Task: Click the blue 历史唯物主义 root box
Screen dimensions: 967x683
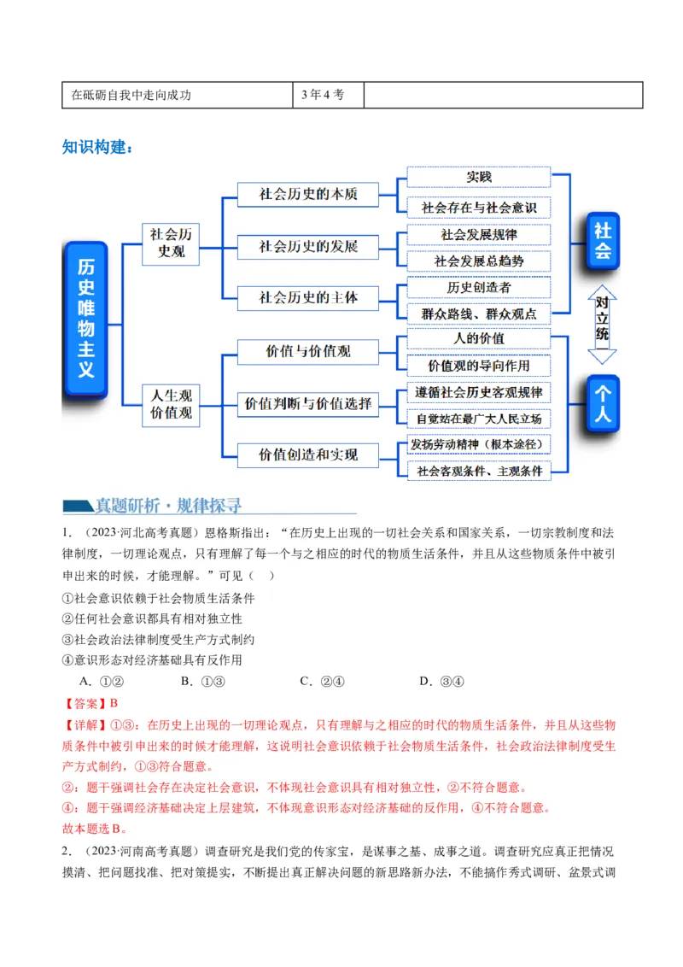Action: coord(85,319)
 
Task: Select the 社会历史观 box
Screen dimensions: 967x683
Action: coord(171,243)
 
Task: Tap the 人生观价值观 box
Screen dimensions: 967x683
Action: coord(171,404)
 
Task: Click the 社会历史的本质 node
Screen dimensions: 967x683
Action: coord(308,195)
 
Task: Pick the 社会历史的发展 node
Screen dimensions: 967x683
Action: coord(308,247)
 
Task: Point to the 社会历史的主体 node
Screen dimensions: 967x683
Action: coord(308,298)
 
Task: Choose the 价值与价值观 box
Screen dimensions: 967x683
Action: coord(308,351)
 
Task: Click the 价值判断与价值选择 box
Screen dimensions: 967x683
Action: coord(308,403)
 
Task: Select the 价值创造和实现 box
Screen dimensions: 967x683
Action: coord(308,455)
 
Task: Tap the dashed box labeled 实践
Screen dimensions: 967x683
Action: coord(478,177)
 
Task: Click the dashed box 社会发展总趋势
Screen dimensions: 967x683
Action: coord(478,261)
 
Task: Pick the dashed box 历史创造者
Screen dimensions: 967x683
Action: coord(478,287)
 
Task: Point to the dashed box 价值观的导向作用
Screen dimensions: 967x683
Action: coord(478,366)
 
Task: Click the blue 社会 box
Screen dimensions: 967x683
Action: coord(603,241)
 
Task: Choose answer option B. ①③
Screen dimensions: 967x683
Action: coord(203,681)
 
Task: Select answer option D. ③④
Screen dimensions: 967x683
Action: coord(441,681)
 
